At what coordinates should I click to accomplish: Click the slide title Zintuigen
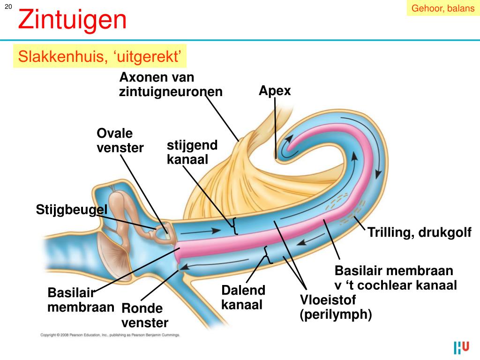point(72,20)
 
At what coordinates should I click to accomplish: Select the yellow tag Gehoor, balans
point(443,8)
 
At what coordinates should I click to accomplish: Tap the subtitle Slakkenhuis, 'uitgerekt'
point(99,57)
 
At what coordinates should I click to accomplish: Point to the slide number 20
point(8,6)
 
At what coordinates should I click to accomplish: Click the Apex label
point(275,90)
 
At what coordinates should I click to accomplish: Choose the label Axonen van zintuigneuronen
point(171,84)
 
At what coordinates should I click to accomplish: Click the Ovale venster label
point(120,141)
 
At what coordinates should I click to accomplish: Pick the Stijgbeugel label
point(72,210)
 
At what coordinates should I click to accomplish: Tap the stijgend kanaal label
point(192,152)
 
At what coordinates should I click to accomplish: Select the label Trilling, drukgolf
point(420,232)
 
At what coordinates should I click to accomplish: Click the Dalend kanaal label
point(243,297)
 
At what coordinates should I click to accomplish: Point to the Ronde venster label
point(144,315)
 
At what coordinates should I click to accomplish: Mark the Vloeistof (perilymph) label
point(336,307)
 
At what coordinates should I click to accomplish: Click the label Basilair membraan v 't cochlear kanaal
point(395,277)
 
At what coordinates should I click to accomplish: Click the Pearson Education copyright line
point(110,335)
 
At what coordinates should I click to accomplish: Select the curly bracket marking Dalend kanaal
point(268,255)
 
